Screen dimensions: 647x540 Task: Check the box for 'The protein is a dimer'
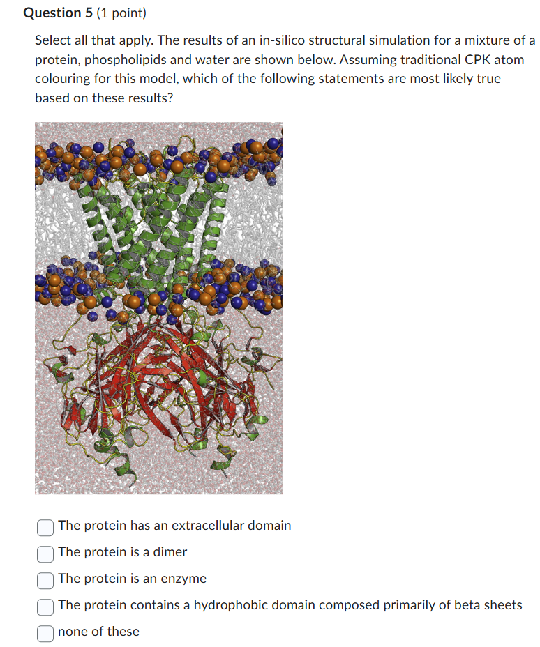[45, 553]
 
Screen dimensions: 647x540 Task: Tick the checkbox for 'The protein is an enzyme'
[45, 579]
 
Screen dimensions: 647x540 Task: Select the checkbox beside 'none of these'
[45, 632]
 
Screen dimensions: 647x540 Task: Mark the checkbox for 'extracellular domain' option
[45, 526]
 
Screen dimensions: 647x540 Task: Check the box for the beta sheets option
[45, 606]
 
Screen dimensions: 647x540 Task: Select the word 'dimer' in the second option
[171, 552]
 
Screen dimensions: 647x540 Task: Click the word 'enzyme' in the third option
[185, 579]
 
